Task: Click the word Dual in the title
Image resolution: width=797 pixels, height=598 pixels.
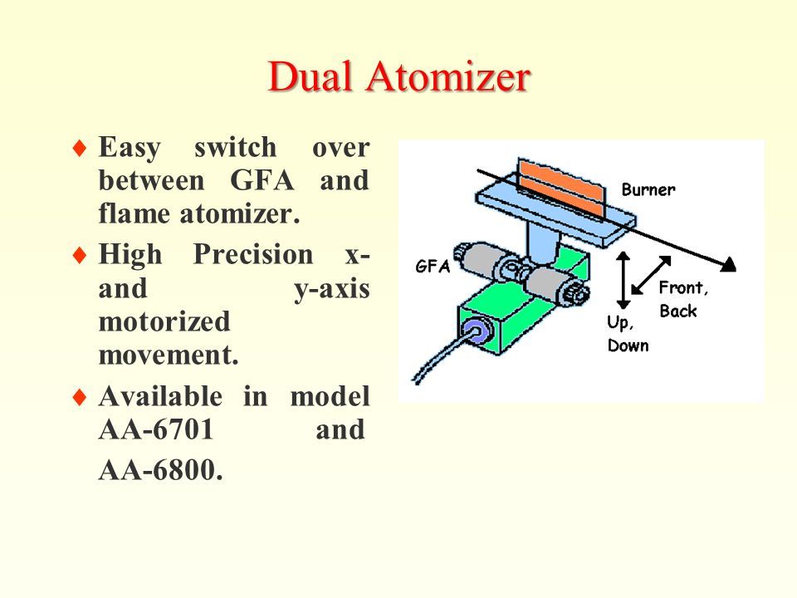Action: point(310,76)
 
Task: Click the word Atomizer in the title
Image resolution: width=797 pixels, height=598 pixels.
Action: point(447,76)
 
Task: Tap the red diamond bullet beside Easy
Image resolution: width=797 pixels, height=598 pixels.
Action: point(80,149)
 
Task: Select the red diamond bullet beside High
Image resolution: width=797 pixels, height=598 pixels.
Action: point(80,255)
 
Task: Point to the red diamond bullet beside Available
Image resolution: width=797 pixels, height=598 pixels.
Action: point(80,397)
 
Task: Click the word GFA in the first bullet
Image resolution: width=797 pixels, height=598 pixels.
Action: point(262,180)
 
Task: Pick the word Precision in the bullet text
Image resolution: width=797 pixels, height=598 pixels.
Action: point(253,253)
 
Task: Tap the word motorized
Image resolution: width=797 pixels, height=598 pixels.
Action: point(164,321)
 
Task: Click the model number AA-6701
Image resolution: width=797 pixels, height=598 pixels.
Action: point(155,429)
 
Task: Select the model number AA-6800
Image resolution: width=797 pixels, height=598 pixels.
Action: point(160,470)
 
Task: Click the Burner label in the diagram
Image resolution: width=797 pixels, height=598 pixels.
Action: point(648,189)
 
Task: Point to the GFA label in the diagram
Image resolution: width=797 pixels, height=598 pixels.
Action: point(433,266)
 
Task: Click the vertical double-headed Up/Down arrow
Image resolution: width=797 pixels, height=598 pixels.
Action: point(623,280)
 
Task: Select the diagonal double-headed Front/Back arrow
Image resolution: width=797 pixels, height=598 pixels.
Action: point(651,275)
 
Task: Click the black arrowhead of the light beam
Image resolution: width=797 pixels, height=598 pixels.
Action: point(730,264)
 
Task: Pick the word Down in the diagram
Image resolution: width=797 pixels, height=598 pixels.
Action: point(628,346)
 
